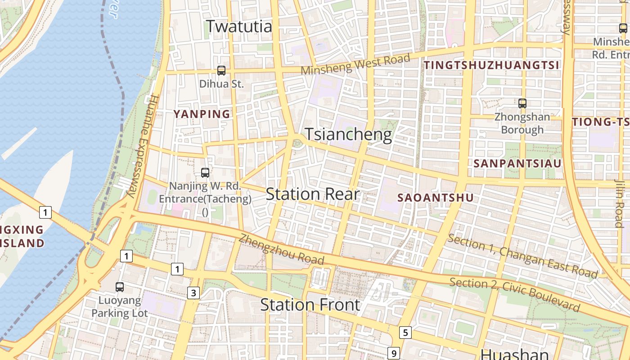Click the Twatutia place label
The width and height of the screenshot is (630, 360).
pos(239,26)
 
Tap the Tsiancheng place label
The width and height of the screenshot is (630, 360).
pos(348,135)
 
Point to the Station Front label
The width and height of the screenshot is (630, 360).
pos(310,305)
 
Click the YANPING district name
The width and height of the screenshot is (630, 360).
pos(202,114)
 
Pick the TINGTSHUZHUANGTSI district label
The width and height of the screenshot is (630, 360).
pos(491,65)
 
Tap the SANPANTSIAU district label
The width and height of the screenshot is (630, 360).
pos(517,163)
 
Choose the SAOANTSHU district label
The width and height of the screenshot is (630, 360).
pos(436,198)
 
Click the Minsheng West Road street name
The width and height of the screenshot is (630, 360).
pos(355,64)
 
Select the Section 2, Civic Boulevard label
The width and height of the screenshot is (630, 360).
pos(514,295)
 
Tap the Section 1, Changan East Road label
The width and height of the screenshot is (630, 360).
pos(522,256)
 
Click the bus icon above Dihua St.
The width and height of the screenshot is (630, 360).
pos(221,70)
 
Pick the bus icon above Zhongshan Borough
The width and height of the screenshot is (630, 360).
pos(522,103)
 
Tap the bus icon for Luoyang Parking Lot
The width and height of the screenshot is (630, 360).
pos(120,287)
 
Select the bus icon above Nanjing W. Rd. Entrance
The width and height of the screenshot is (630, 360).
pos(205,172)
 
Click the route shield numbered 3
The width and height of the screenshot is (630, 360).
pos(193,293)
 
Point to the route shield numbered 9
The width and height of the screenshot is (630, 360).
pos(394,353)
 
